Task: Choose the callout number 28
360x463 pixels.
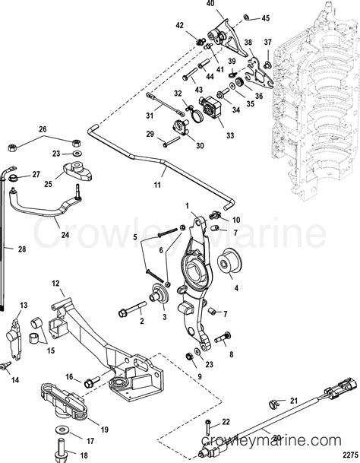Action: pos(8,249)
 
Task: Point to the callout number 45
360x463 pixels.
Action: pos(265,17)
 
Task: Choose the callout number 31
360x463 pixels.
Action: pos(149,115)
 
